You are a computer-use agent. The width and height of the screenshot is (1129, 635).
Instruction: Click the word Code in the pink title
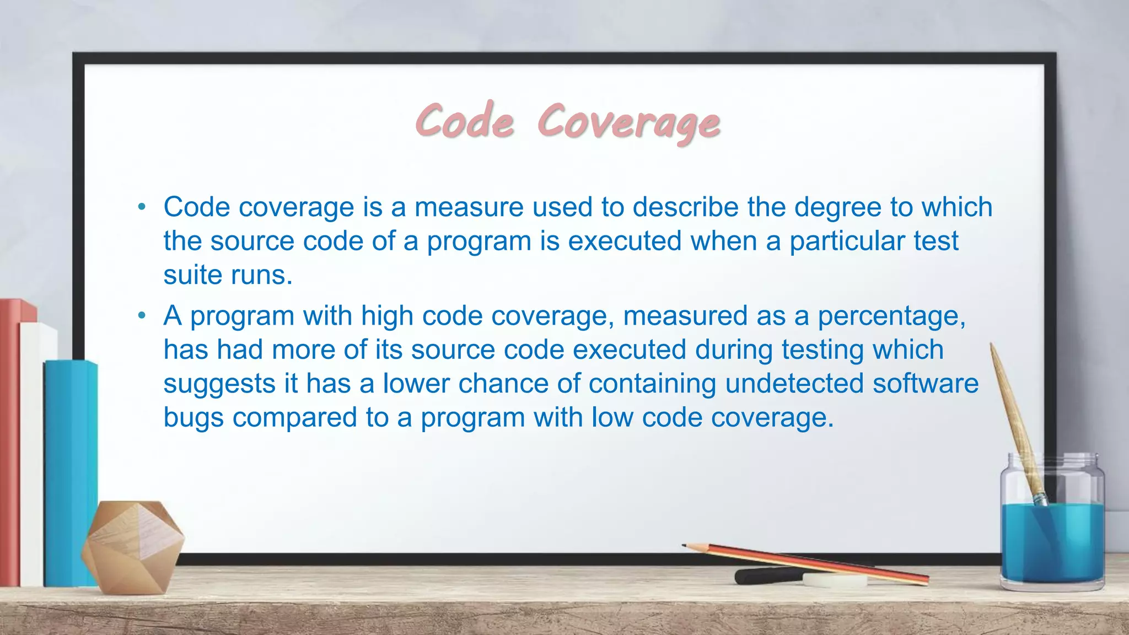465,121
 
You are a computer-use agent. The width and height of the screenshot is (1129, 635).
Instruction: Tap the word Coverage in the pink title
628,122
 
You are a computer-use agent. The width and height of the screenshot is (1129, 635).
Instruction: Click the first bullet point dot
142,208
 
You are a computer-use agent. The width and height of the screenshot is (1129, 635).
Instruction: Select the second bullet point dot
142,316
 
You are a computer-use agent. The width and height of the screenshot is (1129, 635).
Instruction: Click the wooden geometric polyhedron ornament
133,546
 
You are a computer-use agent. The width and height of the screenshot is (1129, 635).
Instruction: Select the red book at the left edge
9,441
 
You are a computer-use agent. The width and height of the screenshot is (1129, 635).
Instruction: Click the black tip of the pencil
685,546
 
